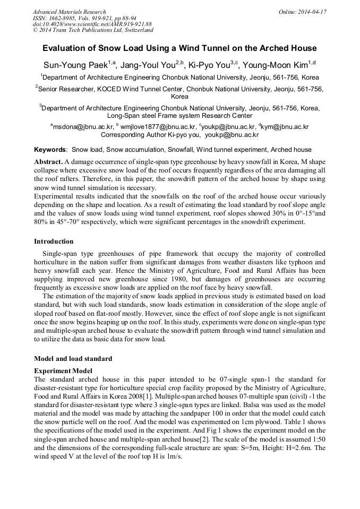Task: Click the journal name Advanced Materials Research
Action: point(69,12)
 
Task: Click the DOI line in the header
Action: point(92,24)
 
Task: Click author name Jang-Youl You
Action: point(148,65)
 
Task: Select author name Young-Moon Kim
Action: point(276,65)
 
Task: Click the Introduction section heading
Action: point(54,241)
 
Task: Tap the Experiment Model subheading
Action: point(63,370)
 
